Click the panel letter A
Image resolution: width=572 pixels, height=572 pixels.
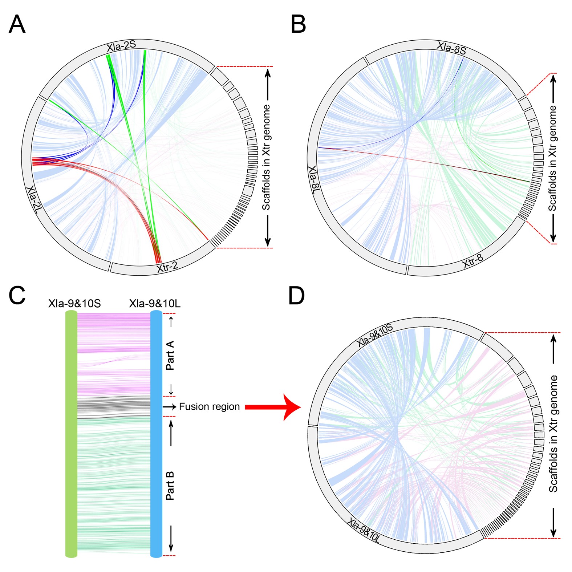click(x=17, y=25)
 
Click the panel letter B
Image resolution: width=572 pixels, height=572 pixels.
click(x=298, y=25)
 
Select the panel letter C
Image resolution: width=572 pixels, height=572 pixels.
click(x=17, y=295)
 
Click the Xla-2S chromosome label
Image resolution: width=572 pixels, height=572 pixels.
click(x=121, y=46)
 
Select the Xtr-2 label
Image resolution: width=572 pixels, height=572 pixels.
click(x=167, y=267)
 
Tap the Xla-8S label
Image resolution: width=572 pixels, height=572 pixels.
click(x=451, y=48)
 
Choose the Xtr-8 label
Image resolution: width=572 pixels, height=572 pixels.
click(x=473, y=261)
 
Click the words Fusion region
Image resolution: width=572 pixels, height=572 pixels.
click(x=209, y=407)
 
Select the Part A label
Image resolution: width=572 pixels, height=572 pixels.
click(x=170, y=355)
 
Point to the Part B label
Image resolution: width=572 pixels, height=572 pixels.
click(x=170, y=486)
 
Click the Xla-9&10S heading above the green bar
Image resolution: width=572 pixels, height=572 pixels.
click(x=74, y=304)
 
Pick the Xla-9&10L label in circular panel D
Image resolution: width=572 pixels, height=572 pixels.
click(x=363, y=531)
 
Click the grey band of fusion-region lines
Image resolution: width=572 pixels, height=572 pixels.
click(x=114, y=407)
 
